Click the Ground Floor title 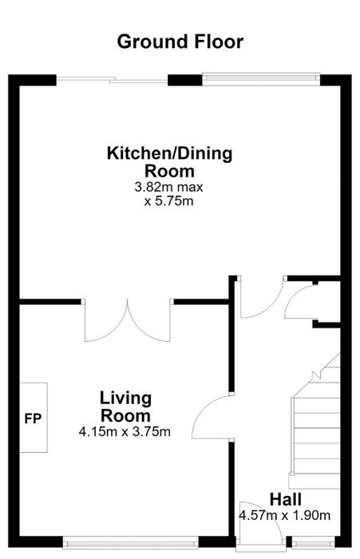[x=180, y=42]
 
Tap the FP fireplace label [x=33, y=418]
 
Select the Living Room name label [x=125, y=407]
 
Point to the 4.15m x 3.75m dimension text [x=125, y=432]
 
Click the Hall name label [x=286, y=499]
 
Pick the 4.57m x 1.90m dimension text [x=285, y=516]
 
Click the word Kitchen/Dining [x=170, y=153]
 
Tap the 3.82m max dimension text [x=168, y=187]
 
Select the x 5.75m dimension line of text [x=168, y=201]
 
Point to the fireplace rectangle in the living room [x=34, y=418]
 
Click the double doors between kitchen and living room [x=127, y=320]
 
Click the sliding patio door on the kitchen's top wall [x=112, y=80]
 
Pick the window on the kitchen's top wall [x=261, y=79]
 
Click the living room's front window [x=131, y=542]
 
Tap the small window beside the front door [x=314, y=542]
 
